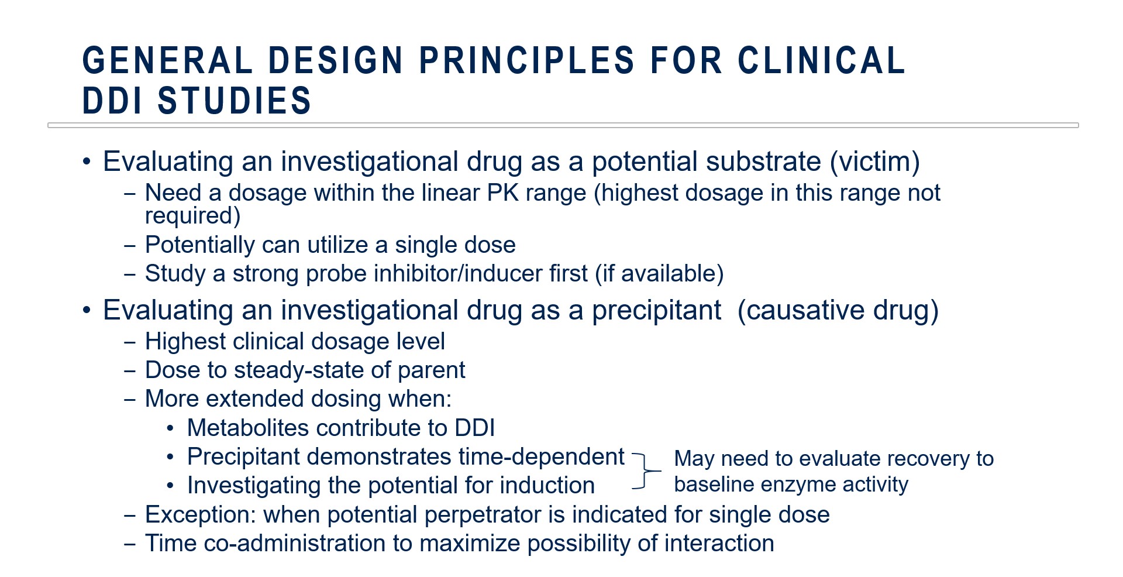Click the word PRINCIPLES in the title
[526, 61]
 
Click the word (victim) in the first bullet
[875, 162]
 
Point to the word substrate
[707, 161]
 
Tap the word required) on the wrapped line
[193, 217]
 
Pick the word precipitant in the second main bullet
[656, 311]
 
